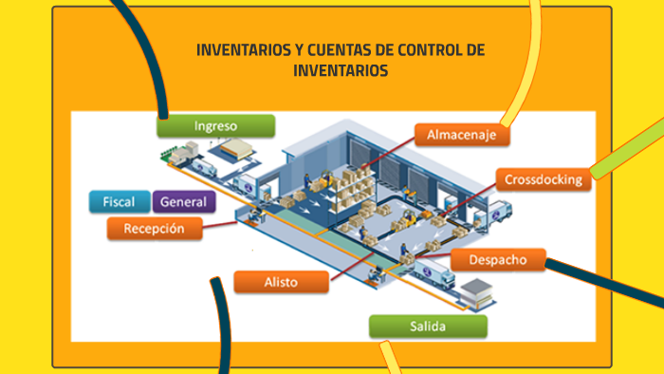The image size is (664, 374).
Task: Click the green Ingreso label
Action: (215, 126)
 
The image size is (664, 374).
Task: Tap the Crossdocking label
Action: (543, 178)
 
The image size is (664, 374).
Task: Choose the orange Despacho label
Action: (496, 259)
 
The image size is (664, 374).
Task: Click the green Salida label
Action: (428, 327)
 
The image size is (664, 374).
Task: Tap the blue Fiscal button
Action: (120, 201)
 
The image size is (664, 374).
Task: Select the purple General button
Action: (184, 201)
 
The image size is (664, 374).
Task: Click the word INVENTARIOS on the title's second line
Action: (341, 71)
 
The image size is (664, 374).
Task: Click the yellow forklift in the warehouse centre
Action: (410, 218)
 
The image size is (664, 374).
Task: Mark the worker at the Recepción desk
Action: (253, 215)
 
